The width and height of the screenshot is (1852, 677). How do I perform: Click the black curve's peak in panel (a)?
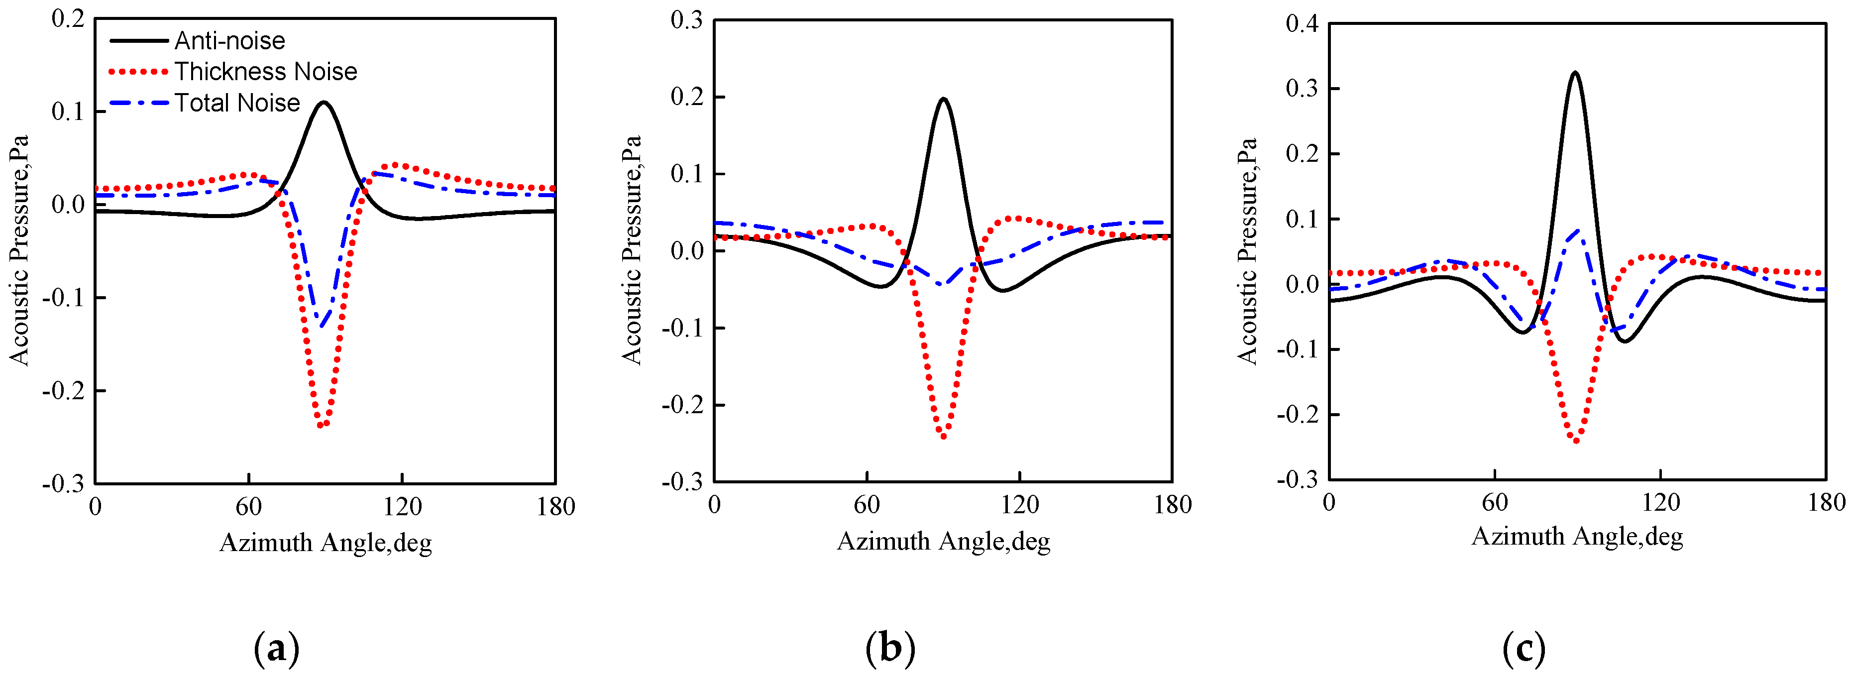click(x=324, y=102)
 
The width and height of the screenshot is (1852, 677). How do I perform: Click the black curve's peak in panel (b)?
click(x=943, y=99)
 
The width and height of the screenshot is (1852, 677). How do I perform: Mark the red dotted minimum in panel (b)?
click(x=943, y=436)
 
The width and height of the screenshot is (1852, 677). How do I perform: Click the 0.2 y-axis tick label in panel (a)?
click(x=68, y=19)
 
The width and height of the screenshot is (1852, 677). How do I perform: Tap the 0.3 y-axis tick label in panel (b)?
click(x=686, y=20)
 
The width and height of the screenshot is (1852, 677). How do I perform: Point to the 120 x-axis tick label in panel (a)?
click(x=402, y=507)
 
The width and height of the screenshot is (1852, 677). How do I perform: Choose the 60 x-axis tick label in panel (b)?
click(x=867, y=505)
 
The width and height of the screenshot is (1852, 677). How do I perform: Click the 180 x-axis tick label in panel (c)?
click(x=1826, y=502)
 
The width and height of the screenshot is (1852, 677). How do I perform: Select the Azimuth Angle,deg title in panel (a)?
click(x=325, y=543)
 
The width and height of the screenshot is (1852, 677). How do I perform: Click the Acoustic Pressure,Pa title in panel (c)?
click(x=1247, y=251)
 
